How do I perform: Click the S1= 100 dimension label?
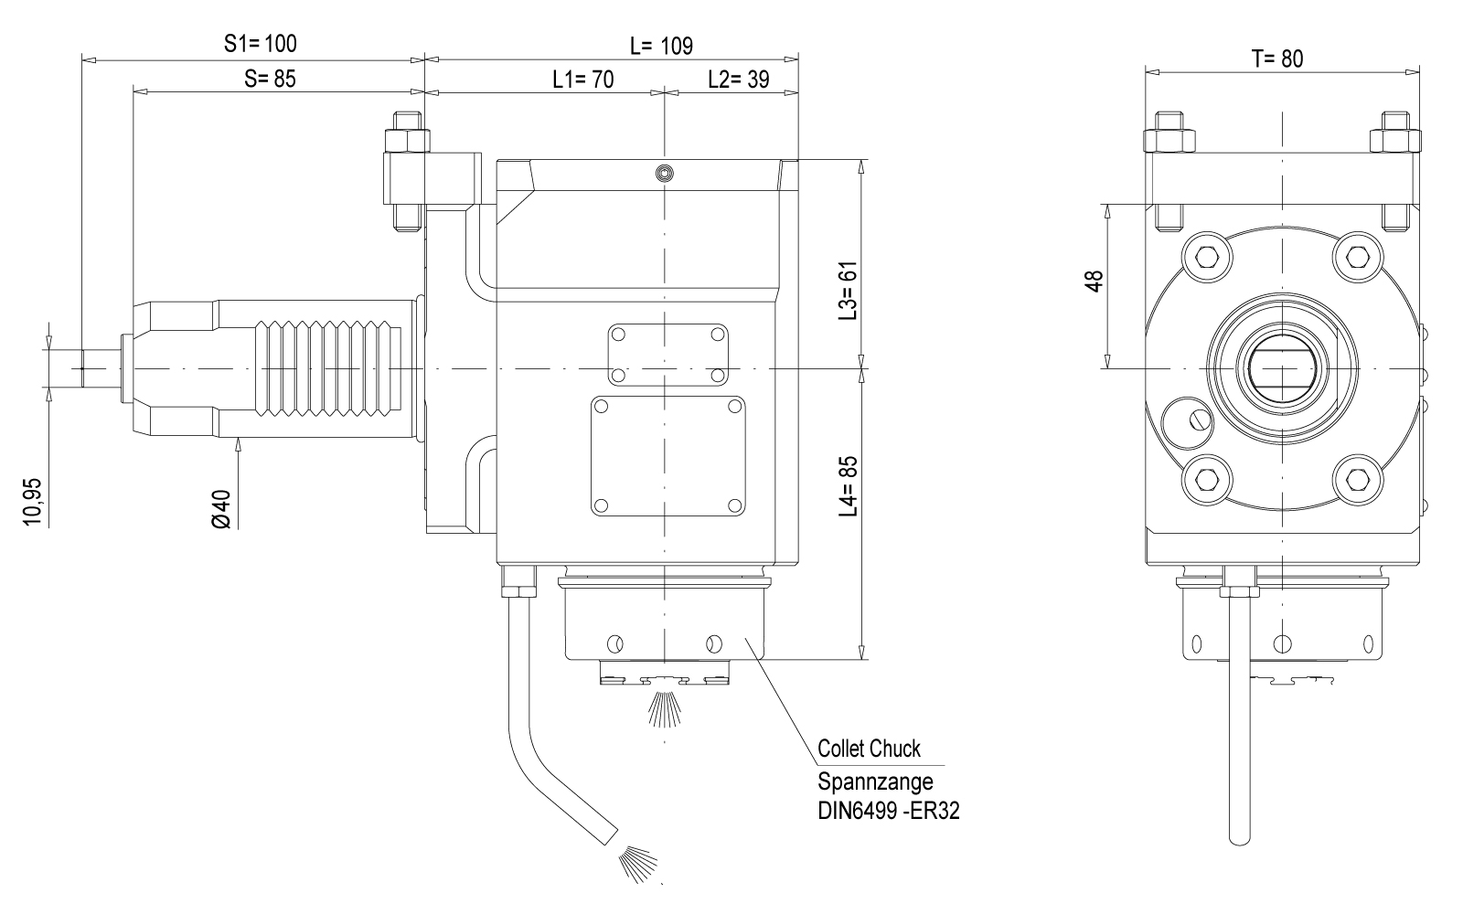(x=261, y=43)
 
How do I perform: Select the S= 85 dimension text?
(x=271, y=79)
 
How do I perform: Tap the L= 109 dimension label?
(x=661, y=45)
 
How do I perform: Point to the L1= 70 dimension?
(x=582, y=79)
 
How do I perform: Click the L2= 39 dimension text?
(x=738, y=79)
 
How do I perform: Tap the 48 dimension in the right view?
(x=1095, y=280)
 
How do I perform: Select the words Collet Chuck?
(x=869, y=749)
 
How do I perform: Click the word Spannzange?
(x=875, y=781)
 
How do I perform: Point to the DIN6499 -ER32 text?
(x=889, y=812)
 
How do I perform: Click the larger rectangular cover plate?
(x=667, y=455)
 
